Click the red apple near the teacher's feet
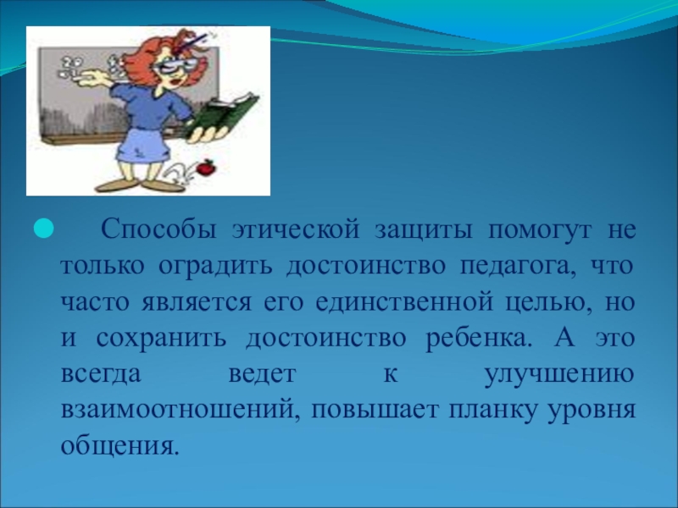coord(206,167)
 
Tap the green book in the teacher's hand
coord(223,114)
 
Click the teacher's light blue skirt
coord(143,145)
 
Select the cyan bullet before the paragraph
coord(43,229)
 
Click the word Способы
coord(158,229)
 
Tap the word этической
coord(296,229)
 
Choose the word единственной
coord(404,303)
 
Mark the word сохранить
coord(161,339)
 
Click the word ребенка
coord(478,338)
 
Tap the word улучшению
coord(559,374)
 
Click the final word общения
coord(119,446)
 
